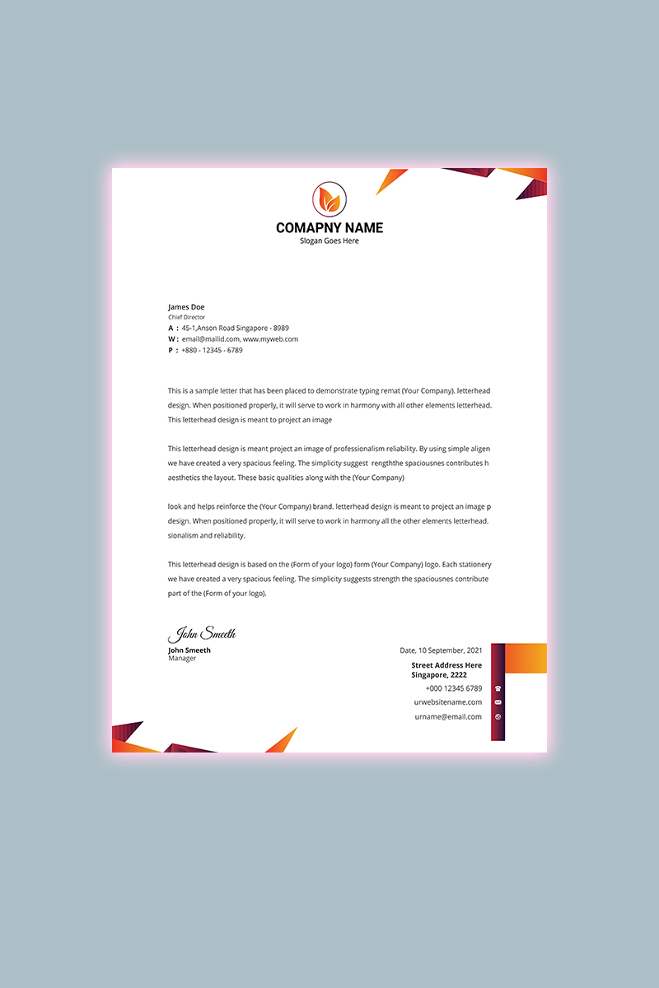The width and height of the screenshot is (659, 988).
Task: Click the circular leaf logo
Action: pos(329,200)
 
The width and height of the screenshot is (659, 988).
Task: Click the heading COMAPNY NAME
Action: pos(329,228)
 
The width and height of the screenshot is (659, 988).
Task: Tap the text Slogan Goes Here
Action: pos(329,241)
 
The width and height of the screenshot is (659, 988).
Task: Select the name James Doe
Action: pos(186,307)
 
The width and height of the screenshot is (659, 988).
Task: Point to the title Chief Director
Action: pos(187,317)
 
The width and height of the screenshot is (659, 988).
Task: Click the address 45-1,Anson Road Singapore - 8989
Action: pos(236,328)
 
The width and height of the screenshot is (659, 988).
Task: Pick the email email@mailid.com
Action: pos(211,339)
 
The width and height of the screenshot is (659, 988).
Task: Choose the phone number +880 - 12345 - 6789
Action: pos(212,350)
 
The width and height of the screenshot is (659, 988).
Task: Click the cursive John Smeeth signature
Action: pos(203,634)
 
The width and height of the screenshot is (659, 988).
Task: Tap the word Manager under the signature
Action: pos(182,659)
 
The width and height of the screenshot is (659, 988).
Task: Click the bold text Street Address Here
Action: pos(446,665)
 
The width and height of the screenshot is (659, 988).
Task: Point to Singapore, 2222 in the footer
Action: pos(439,675)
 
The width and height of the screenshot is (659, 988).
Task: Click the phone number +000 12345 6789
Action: pos(454,688)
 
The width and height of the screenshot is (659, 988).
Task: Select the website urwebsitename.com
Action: pos(448,702)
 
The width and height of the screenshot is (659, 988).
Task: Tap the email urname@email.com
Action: pos(448,717)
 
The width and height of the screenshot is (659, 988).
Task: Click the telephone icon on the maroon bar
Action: pos(498,688)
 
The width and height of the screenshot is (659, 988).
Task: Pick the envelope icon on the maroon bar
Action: pos(498,702)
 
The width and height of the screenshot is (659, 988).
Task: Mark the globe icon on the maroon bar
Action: pos(498,717)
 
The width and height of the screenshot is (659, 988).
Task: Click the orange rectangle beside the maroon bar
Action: pos(526,658)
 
